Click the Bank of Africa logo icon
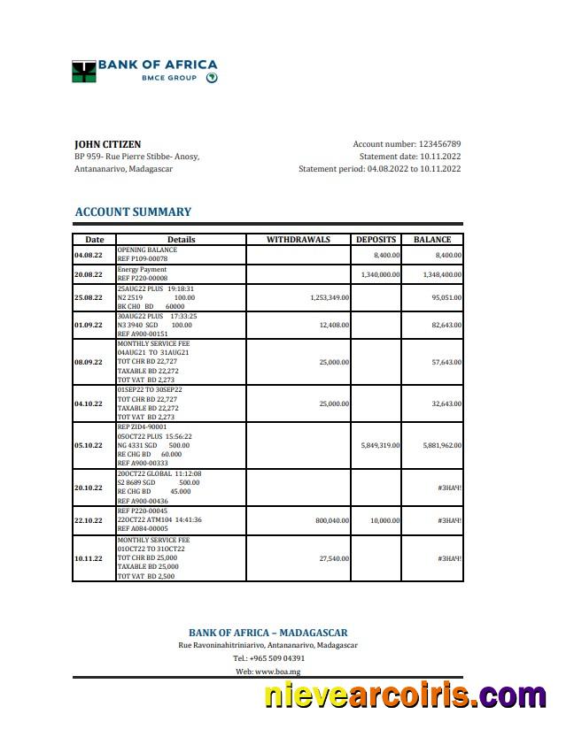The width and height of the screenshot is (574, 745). click(83, 71)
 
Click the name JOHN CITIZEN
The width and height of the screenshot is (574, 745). click(107, 144)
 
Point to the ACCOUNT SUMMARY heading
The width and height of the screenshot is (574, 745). click(133, 212)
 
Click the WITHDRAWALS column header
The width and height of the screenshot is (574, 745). click(299, 240)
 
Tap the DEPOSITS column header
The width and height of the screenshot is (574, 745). click(377, 240)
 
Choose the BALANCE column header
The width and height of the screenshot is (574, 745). click(432, 240)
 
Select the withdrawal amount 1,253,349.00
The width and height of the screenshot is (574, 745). click(330, 298)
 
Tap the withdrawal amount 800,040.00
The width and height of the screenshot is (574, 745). click(332, 520)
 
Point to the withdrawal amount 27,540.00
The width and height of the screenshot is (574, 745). click(334, 558)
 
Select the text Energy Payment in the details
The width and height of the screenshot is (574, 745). click(142, 270)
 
